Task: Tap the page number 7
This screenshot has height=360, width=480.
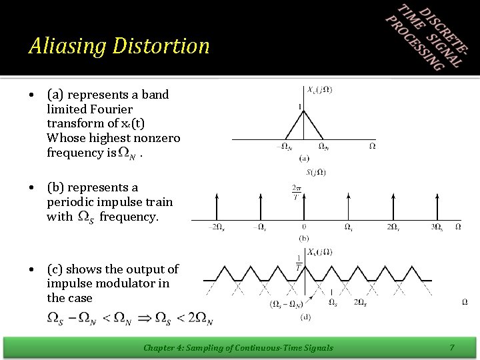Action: point(451,347)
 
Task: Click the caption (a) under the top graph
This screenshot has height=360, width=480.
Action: point(304,158)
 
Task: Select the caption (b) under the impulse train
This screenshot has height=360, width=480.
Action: point(304,237)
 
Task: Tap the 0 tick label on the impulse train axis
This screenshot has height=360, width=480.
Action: point(304,227)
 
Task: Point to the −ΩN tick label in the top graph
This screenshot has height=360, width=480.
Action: point(283,147)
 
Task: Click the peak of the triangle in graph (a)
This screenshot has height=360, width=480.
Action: point(304,111)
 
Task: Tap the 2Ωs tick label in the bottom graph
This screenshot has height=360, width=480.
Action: point(359,303)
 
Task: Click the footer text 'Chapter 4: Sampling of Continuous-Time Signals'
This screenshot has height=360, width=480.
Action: point(238,347)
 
